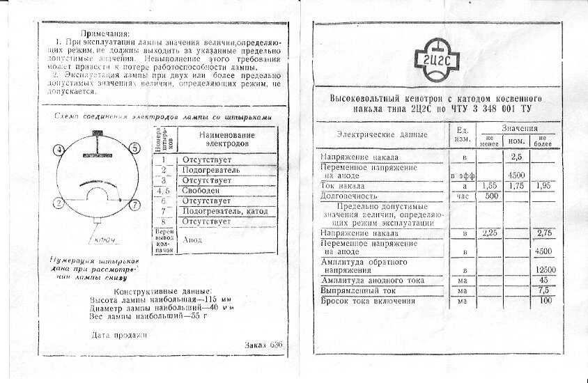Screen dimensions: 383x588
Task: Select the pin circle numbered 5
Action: point(134,147)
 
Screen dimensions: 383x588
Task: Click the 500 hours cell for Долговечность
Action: point(492,196)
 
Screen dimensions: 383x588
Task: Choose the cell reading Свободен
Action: point(201,190)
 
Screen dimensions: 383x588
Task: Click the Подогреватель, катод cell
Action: point(224,211)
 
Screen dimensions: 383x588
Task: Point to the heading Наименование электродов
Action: point(226,139)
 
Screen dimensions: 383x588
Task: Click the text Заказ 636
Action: point(265,345)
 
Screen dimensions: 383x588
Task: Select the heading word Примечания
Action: point(106,33)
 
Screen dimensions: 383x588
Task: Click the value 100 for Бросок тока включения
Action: point(545,301)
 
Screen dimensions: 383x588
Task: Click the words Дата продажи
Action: point(121,335)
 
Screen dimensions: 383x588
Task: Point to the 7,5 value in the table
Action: point(545,290)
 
